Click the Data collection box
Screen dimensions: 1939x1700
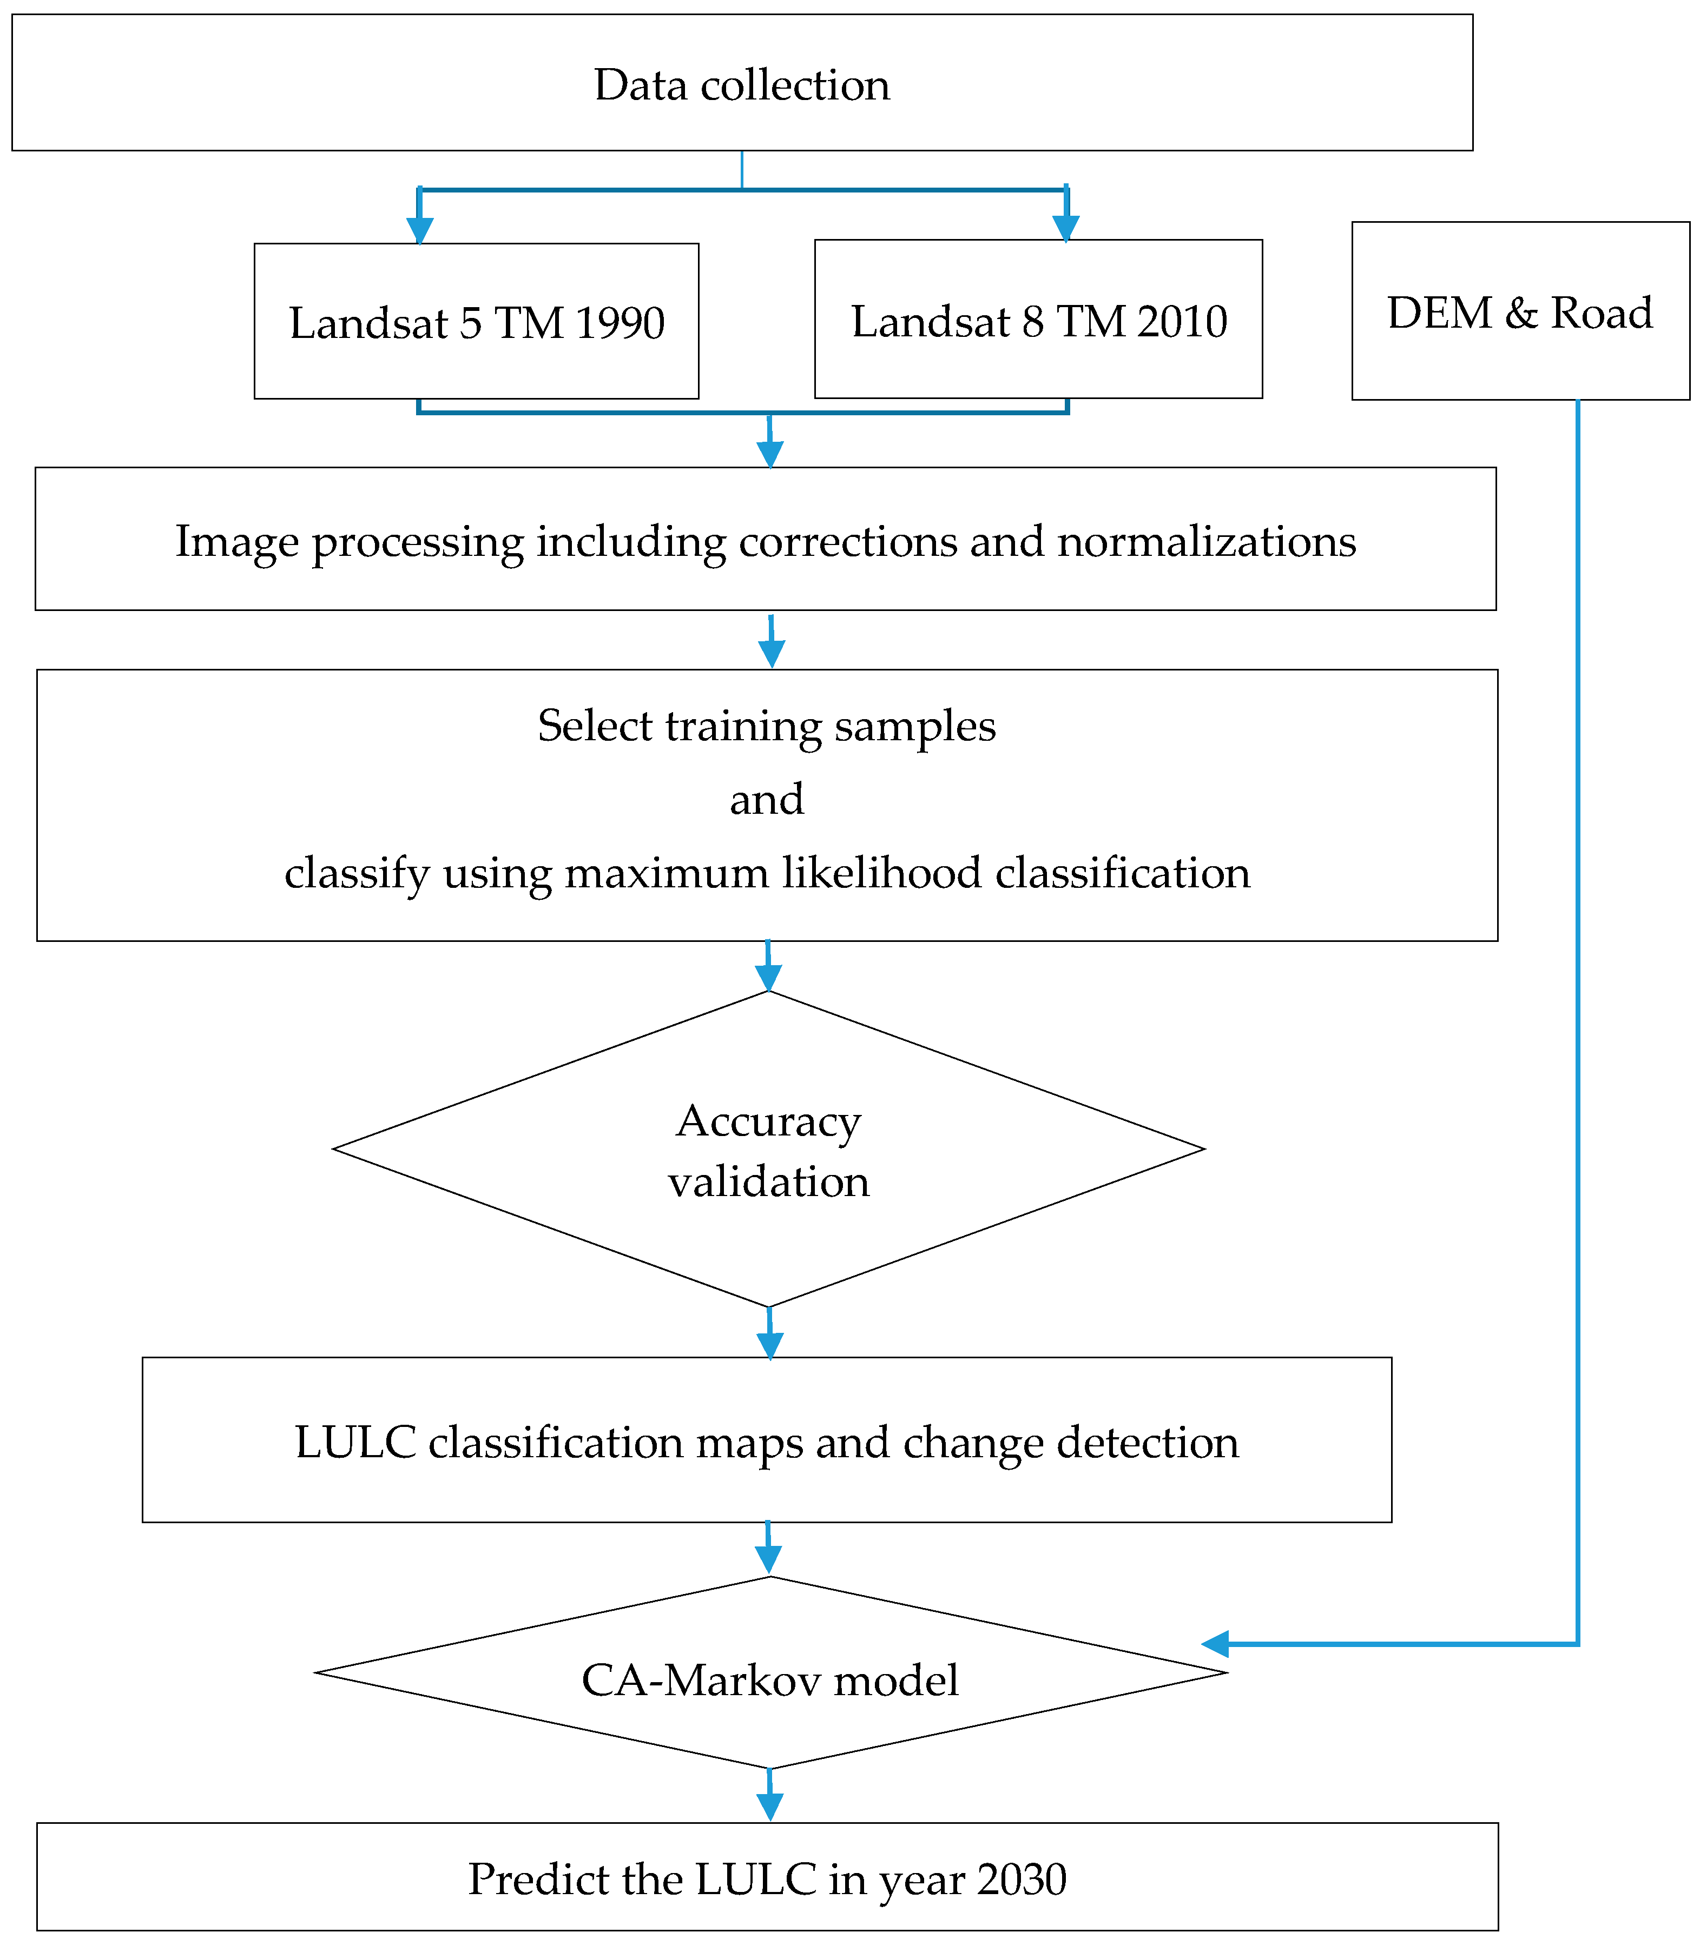coord(742,83)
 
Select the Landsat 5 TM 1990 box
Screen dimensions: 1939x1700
coord(476,322)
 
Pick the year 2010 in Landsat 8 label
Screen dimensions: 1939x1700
coord(1182,321)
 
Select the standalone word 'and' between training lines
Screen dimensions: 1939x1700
coord(767,798)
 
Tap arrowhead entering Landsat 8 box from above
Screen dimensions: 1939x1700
coord(1066,228)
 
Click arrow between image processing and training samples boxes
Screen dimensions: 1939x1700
coord(771,642)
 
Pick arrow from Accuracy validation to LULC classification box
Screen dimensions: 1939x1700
coord(769,1334)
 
